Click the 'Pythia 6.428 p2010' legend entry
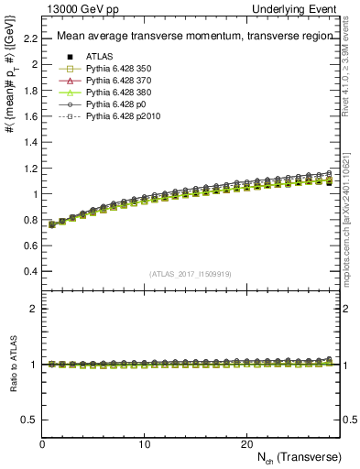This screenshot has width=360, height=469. pyautogui.click(x=126, y=119)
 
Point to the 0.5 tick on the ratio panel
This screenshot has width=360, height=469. pyautogui.click(x=32, y=420)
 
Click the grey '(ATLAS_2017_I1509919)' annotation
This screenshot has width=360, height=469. pyautogui.click(x=190, y=274)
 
